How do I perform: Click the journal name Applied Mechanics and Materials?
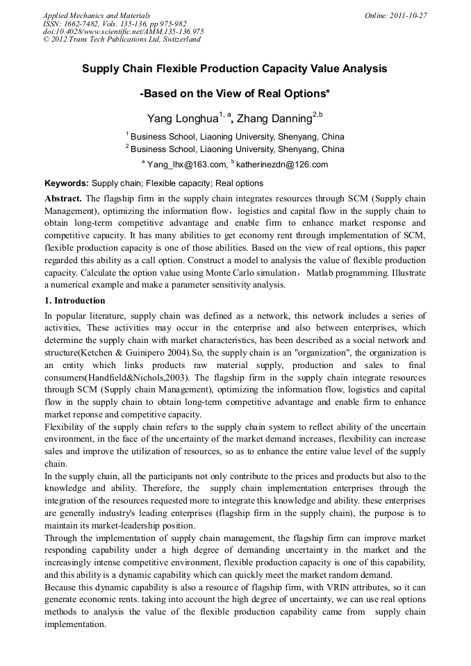[96, 15]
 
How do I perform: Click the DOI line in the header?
[123, 31]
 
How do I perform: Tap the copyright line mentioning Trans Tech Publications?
[122, 40]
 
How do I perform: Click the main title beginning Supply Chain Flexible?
[235, 69]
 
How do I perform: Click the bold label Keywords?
[67, 183]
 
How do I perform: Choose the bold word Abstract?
[63, 198]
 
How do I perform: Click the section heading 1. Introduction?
[75, 301]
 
